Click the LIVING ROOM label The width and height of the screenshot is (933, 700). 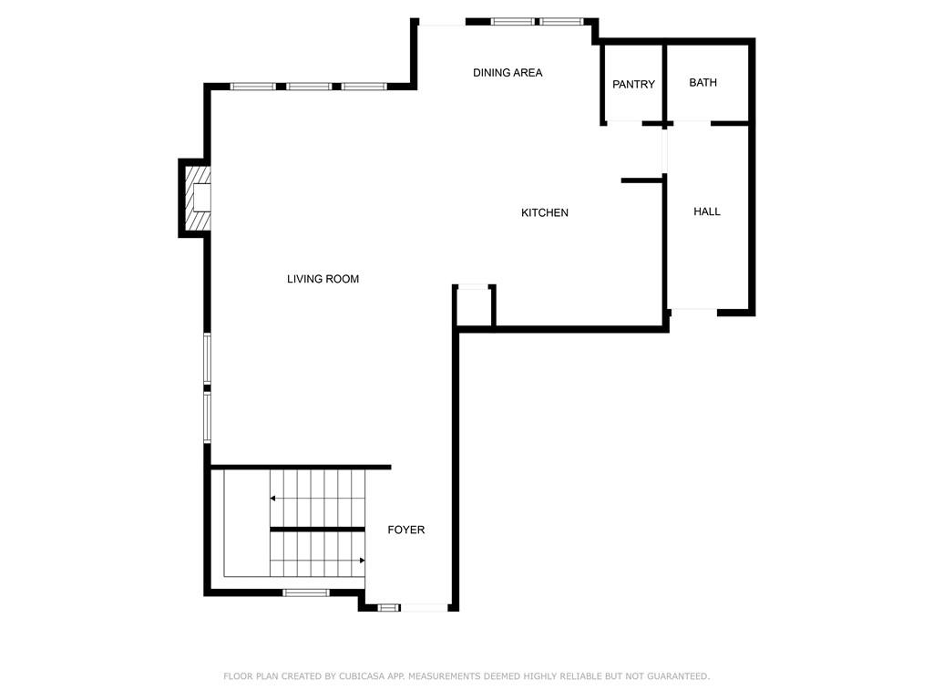[x=323, y=279]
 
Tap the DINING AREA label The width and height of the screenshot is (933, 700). [x=508, y=73]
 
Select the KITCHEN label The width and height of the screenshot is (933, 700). [x=545, y=213]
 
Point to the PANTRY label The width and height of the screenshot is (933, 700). [x=633, y=85]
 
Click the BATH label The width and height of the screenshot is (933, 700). [x=702, y=83]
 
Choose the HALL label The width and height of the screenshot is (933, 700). [x=707, y=211]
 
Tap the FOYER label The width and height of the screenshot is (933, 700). [x=406, y=530]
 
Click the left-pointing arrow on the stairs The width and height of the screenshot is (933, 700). [x=273, y=499]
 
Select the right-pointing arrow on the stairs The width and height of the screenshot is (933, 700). [x=361, y=560]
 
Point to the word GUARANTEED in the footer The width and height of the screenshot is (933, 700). [x=675, y=676]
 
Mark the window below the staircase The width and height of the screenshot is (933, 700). [x=305, y=593]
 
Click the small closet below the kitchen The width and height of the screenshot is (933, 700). [x=475, y=307]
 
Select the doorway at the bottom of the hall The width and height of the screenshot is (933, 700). [x=694, y=311]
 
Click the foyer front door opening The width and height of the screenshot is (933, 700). [x=424, y=607]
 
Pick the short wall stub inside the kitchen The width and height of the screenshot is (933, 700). [x=641, y=181]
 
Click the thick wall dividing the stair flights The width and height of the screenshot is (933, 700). [x=317, y=530]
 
